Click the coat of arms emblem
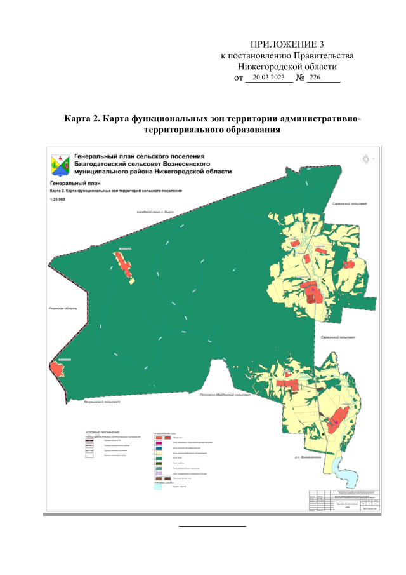[60, 165]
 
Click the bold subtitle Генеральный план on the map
[69, 182]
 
